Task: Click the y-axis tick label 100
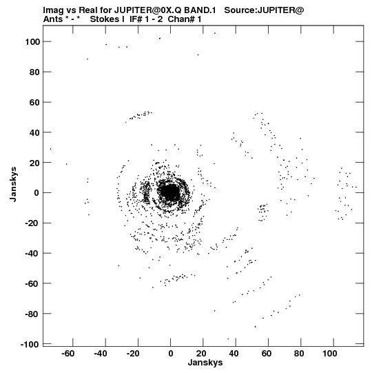pyautogui.click(x=32, y=42)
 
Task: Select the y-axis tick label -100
pyautogui.click(x=30, y=344)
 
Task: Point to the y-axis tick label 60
pyautogui.click(x=34, y=103)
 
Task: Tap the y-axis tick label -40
pyautogui.click(x=32, y=254)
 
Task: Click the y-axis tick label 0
pyautogui.click(x=37, y=193)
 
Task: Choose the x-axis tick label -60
pyautogui.click(x=68, y=354)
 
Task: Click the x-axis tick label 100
pyautogui.click(x=330, y=354)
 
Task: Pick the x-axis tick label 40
pyautogui.click(x=234, y=354)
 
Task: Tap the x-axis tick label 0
pyautogui.click(x=171, y=354)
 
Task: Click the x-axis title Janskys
pyautogui.click(x=205, y=363)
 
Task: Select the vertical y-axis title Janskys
pyautogui.click(x=13, y=184)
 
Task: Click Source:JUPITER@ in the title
pyautogui.click(x=264, y=10)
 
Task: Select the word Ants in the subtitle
pyautogui.click(x=53, y=19)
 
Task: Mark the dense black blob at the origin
pyautogui.click(x=169, y=192)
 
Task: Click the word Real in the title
pyautogui.click(x=87, y=10)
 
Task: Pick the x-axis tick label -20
pyautogui.click(x=133, y=354)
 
